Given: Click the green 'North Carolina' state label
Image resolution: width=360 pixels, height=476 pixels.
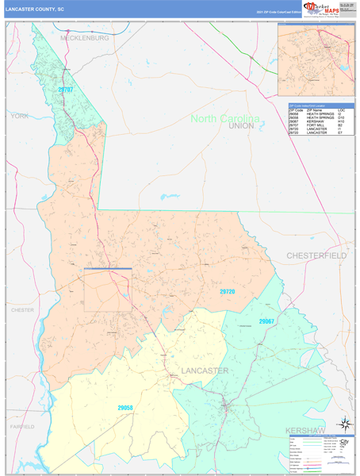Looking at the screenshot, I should click(224, 119).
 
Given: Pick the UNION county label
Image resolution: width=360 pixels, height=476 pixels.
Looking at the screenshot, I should click(240, 126).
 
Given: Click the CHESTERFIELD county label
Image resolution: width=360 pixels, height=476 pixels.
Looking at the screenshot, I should click(316, 255).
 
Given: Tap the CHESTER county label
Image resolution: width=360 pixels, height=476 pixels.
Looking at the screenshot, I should click(22, 310).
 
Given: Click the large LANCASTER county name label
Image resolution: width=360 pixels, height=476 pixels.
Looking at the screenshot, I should click(204, 370).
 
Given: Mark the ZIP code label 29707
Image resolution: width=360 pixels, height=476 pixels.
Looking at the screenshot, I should click(66, 90).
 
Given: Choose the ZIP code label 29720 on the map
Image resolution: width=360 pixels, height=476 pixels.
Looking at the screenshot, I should click(228, 292).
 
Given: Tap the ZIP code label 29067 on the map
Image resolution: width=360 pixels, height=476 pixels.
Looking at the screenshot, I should click(266, 321).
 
